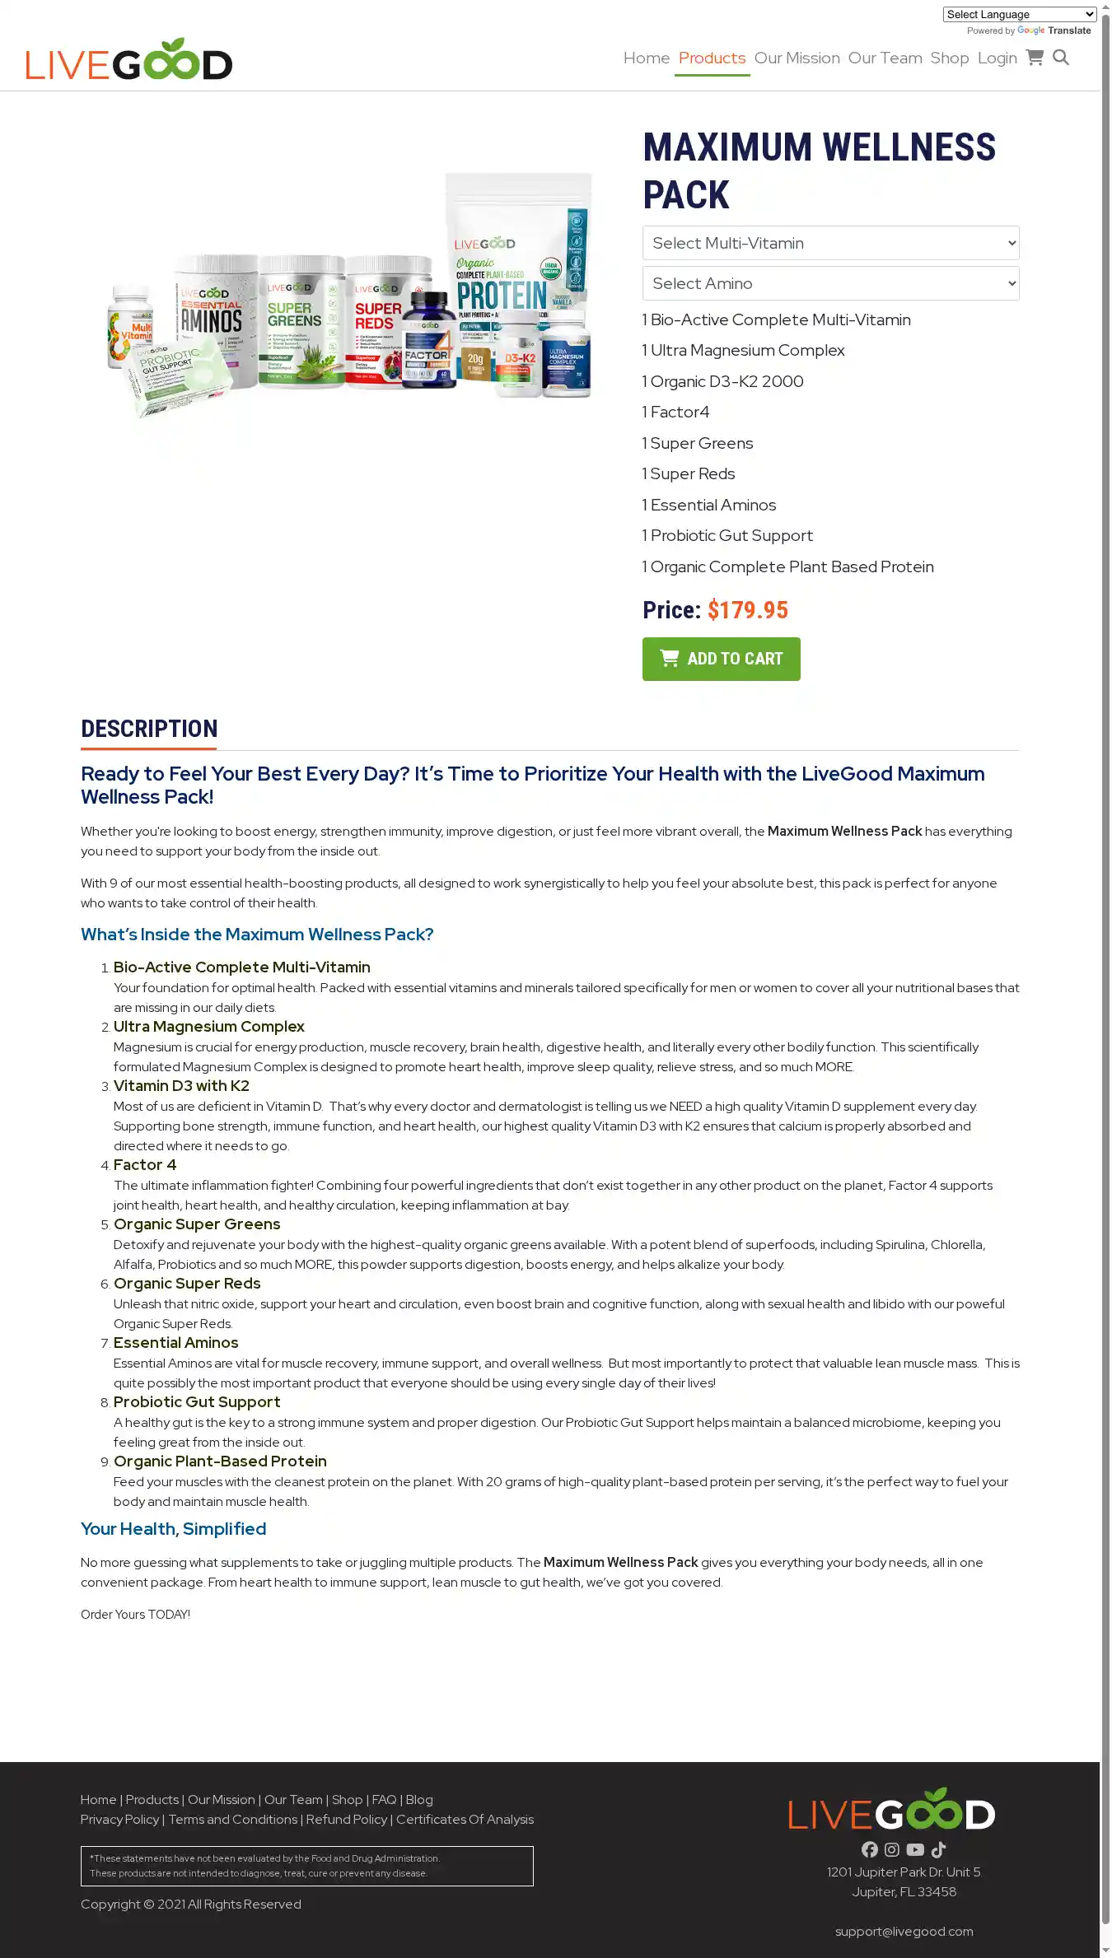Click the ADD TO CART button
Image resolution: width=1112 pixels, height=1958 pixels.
(x=721, y=659)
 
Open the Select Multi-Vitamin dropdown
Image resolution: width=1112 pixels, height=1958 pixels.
(x=830, y=243)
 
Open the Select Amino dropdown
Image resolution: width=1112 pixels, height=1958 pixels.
(x=830, y=283)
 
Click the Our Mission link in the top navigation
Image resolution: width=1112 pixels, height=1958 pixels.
(x=797, y=58)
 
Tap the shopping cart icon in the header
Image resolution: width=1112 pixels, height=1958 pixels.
(x=1035, y=58)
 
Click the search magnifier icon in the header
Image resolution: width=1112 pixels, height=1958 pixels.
(x=1061, y=58)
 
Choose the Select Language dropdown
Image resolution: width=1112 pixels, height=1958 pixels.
(x=1019, y=14)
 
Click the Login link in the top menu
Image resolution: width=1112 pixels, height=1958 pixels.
(x=997, y=58)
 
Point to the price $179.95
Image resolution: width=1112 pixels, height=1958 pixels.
(x=747, y=610)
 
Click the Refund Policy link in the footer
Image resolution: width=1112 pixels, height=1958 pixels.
(x=346, y=1819)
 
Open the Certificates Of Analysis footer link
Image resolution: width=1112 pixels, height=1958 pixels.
(x=465, y=1819)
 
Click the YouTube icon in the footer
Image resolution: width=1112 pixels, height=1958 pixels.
(x=915, y=1849)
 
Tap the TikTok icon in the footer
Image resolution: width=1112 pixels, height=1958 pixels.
(x=938, y=1849)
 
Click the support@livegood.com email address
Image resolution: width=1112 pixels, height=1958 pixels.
(x=904, y=1931)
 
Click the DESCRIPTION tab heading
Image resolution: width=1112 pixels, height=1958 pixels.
(x=149, y=729)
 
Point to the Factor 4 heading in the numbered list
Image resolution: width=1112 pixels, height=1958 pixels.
(x=145, y=1165)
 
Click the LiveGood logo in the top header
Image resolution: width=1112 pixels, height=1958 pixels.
(x=129, y=59)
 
